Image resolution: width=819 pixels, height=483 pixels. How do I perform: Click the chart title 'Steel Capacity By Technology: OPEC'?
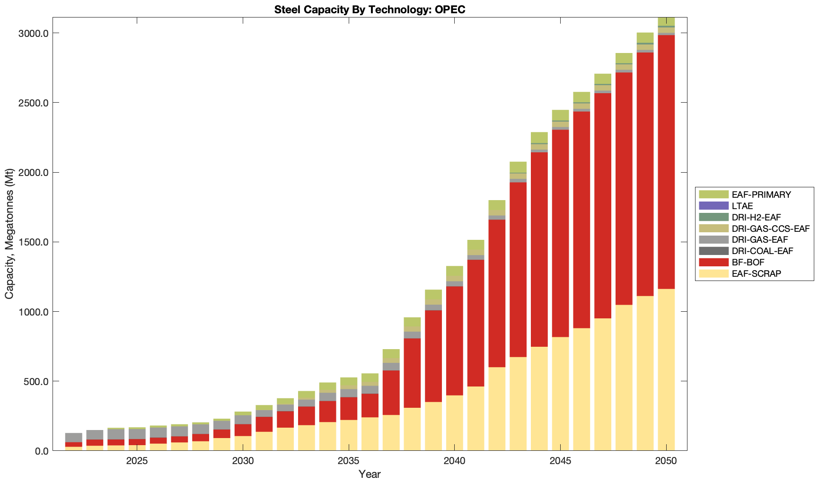click(x=370, y=9)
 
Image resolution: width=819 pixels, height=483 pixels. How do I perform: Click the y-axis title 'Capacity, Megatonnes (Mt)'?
click(x=9, y=234)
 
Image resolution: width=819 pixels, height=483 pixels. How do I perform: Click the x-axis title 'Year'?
click(x=370, y=474)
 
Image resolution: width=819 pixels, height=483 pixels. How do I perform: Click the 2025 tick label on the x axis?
click(x=137, y=461)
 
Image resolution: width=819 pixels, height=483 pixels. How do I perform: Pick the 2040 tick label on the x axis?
click(x=454, y=461)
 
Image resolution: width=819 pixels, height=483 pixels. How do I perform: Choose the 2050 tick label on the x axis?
click(x=666, y=461)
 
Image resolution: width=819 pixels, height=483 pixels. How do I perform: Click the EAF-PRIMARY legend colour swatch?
click(x=713, y=194)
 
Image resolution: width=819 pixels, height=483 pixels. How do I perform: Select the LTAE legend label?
click(x=742, y=206)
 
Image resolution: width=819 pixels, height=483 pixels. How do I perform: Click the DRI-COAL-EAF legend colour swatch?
click(x=713, y=251)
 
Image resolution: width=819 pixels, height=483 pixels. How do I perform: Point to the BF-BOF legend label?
click(x=748, y=263)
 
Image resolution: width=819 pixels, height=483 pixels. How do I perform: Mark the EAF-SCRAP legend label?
click(x=756, y=274)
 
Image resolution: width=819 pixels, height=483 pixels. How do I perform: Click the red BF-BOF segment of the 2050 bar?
click(x=666, y=161)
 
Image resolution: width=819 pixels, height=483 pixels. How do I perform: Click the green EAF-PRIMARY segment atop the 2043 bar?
click(x=518, y=167)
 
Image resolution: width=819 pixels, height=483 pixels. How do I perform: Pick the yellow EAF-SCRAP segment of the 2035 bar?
click(x=349, y=435)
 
